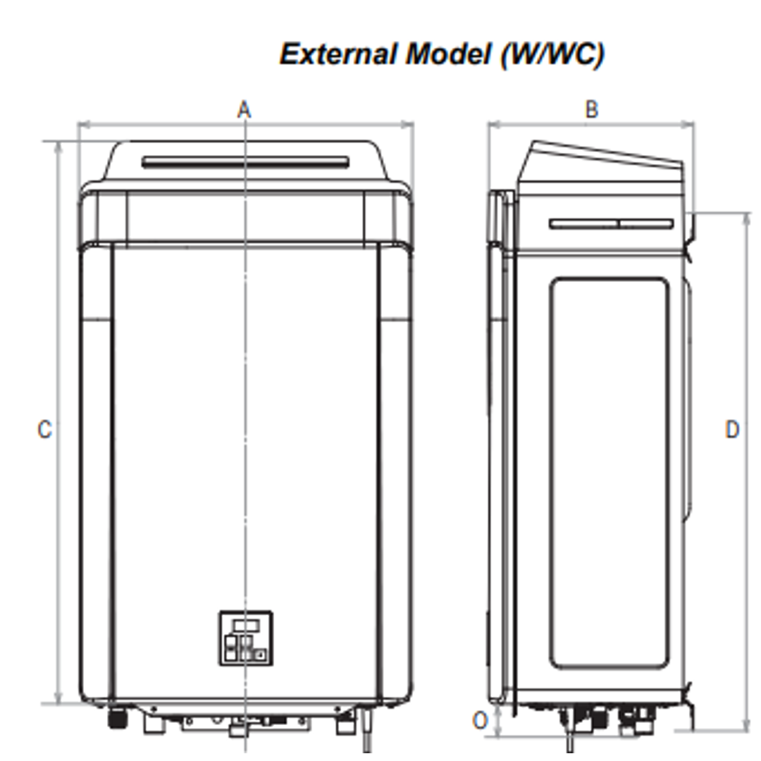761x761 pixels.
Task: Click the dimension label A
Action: (x=244, y=110)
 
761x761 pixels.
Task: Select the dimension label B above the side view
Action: (x=592, y=109)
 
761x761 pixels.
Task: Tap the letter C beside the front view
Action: (x=44, y=429)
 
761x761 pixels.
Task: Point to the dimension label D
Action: (x=733, y=429)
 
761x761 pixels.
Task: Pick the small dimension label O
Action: (x=480, y=721)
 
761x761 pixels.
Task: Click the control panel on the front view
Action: (x=245, y=637)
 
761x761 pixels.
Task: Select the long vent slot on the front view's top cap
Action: (x=245, y=162)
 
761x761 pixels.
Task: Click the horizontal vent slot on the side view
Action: (x=611, y=224)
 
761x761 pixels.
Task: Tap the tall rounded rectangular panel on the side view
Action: (x=609, y=472)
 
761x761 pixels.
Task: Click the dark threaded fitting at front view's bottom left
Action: (x=115, y=719)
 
